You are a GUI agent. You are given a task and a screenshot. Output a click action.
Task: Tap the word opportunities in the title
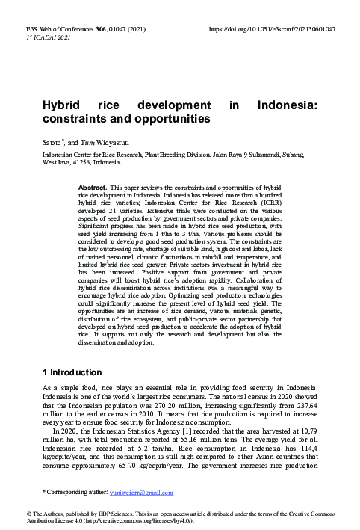coord(171,119)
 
